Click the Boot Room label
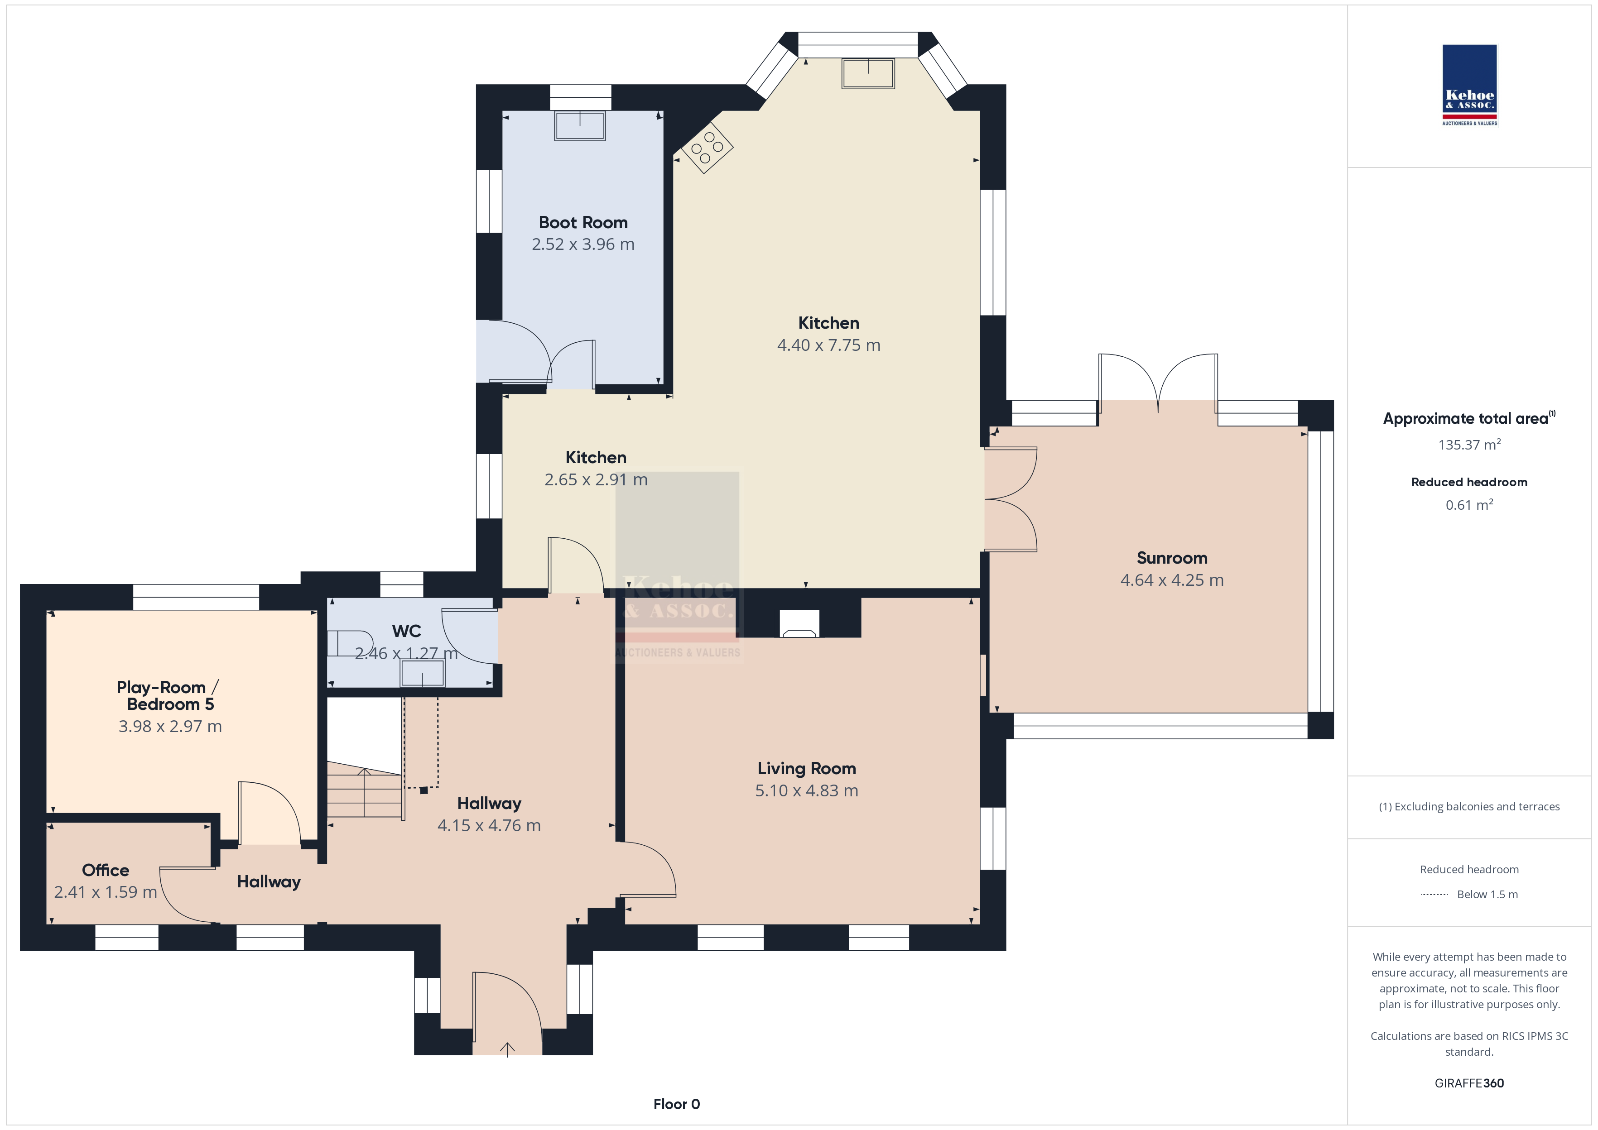[x=583, y=223]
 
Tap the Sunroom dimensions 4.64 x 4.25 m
[x=1172, y=580]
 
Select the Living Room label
[x=807, y=769]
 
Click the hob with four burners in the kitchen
[x=707, y=148]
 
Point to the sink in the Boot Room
[x=580, y=126]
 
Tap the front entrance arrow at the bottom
[x=507, y=1049]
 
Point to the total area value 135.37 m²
[x=1469, y=445]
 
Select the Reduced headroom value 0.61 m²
[x=1469, y=504]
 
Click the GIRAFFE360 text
[x=1469, y=1083]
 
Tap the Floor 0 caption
[x=677, y=1104]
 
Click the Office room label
[x=106, y=871]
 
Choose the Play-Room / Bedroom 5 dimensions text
[x=170, y=727]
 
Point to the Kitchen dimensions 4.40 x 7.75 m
[x=829, y=345]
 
